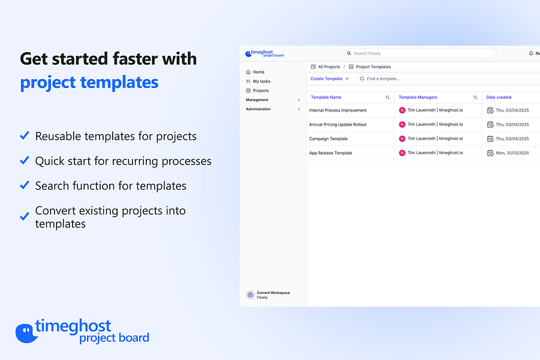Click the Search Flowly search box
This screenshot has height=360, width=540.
420,53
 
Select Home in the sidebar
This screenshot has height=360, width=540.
259,72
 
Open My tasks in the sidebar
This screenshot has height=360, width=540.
262,81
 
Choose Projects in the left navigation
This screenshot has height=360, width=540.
261,91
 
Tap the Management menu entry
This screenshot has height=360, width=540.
257,100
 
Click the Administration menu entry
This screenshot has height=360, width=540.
259,109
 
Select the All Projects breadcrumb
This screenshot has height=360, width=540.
329,67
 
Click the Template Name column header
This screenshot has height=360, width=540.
326,97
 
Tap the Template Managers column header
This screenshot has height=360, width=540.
418,97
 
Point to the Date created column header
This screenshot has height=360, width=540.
499,97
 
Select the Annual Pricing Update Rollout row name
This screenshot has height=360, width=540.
338,125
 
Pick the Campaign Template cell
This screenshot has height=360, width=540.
328,139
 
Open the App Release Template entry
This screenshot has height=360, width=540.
331,153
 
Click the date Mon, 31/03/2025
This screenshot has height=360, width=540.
512,153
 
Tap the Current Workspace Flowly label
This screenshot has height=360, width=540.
273,295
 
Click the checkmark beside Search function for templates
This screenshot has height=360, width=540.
25,185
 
